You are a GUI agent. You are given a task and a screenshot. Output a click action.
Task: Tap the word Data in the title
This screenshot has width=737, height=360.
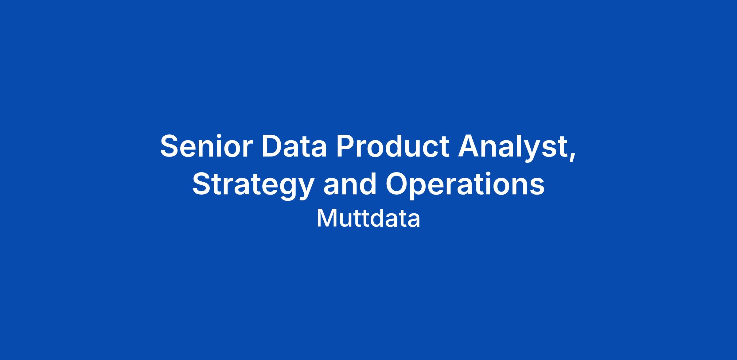[x=294, y=146]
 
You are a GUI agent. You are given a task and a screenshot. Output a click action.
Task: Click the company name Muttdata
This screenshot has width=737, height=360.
[x=368, y=219]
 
